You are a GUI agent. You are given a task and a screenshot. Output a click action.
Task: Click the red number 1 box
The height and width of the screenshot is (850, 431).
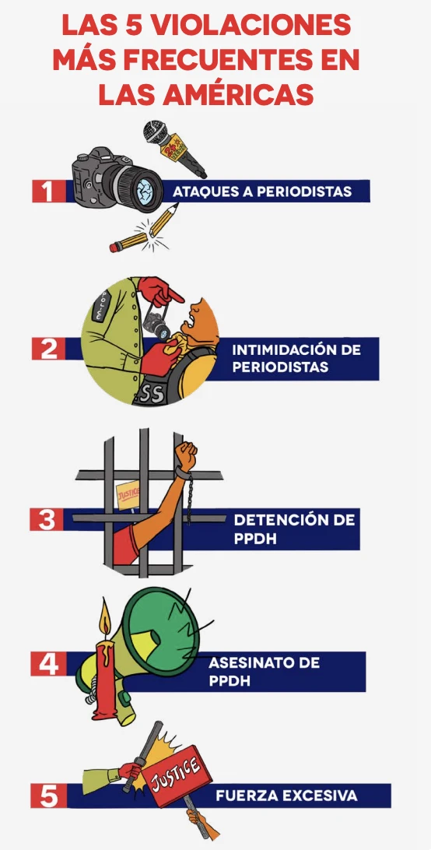coord(49,191)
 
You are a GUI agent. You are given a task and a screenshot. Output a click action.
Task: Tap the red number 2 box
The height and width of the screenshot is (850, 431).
coord(49,349)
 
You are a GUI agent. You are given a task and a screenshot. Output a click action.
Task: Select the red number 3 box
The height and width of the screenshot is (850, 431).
coord(47,519)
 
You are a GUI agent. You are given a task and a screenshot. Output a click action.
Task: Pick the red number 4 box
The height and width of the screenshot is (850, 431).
coord(48,664)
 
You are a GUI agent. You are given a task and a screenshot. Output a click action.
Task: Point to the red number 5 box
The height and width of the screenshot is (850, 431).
coord(49,796)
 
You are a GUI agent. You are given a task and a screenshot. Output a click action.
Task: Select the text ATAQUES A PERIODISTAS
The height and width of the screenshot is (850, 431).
coord(262,191)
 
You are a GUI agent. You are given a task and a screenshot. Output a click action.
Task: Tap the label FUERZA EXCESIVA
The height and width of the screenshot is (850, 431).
coord(286,796)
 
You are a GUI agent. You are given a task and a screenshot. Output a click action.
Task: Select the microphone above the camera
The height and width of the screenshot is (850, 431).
coord(174,148)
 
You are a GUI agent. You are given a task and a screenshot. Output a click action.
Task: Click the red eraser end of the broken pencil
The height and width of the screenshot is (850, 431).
coord(114,248)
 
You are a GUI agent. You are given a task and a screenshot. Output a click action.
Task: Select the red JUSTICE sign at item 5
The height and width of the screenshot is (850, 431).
coord(180,776)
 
